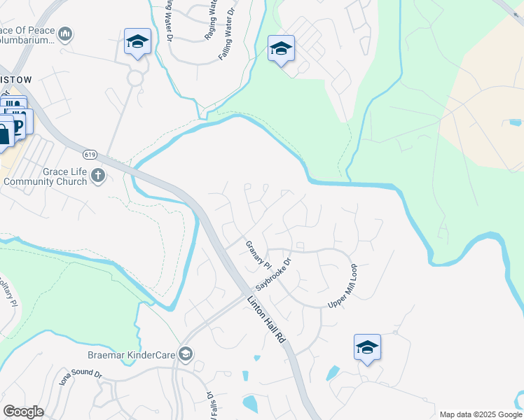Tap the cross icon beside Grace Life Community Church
click(x=98, y=176)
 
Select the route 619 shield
click(x=89, y=154)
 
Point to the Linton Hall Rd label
click(x=267, y=318)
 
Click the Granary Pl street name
click(x=258, y=255)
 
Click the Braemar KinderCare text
click(x=131, y=355)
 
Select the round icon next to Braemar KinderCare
click(x=186, y=354)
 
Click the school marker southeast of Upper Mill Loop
click(x=367, y=347)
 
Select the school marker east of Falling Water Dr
click(x=281, y=48)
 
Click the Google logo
click(x=23, y=412)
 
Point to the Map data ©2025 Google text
click(x=480, y=414)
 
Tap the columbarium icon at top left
click(x=66, y=34)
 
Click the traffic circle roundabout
click(x=135, y=78)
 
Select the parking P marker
click(x=18, y=125)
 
